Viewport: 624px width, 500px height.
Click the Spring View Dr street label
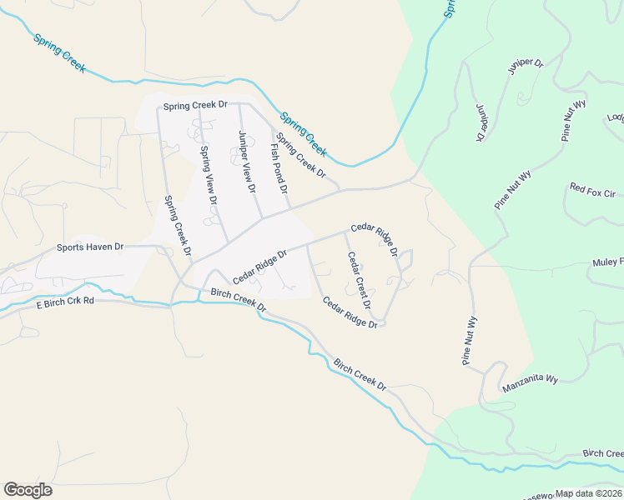point(209,176)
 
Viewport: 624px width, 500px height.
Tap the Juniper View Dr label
point(246,162)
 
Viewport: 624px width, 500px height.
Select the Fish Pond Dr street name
point(279,168)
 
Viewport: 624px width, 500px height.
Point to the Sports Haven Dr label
point(89,247)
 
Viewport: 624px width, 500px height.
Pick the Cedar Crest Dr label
point(359,282)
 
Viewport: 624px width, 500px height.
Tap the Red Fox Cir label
point(591,191)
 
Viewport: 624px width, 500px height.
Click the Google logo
point(28,490)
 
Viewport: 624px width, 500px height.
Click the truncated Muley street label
point(608,262)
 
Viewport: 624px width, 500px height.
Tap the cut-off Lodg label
point(616,117)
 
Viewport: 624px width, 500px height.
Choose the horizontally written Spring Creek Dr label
point(195,106)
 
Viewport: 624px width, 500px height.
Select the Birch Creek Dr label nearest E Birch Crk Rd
point(238,300)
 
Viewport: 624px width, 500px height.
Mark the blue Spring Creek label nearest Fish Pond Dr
point(304,134)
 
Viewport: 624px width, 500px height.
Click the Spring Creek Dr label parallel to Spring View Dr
point(178,225)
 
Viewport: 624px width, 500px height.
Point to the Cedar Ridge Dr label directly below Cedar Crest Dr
point(350,312)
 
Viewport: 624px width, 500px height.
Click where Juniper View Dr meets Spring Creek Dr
point(239,105)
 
